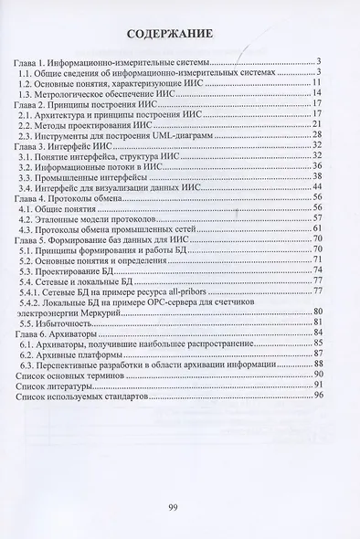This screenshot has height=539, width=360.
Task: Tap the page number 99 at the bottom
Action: tap(179, 507)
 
